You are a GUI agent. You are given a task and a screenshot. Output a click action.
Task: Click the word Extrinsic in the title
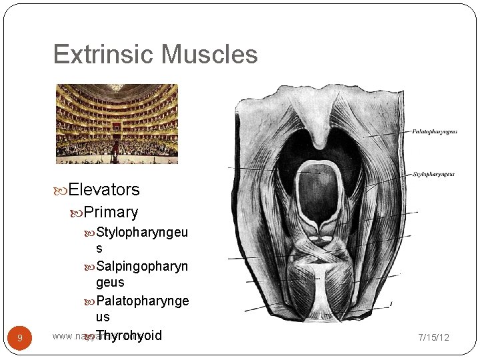coord(101,55)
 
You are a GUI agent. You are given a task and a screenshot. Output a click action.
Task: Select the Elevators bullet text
coord(104,190)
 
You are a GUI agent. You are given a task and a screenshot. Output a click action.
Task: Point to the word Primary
coord(111,213)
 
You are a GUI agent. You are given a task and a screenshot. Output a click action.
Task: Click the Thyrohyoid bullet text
coord(129,335)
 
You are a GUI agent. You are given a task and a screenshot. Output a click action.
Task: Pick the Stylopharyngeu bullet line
coord(142,233)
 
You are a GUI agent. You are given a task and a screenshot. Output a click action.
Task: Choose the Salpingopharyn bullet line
coord(142,267)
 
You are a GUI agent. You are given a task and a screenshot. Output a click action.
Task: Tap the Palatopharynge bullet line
coord(142,301)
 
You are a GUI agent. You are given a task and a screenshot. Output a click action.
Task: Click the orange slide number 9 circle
coord(20,338)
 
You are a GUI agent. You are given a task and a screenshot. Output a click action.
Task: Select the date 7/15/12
coord(433,337)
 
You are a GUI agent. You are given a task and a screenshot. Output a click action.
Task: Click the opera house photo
coord(117,124)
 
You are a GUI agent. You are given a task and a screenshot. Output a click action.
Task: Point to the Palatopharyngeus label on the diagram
coord(434,131)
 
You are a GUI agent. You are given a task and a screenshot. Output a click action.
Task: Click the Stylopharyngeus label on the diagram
coord(433,175)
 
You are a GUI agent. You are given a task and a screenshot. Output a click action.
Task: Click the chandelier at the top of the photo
coord(117,87)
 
